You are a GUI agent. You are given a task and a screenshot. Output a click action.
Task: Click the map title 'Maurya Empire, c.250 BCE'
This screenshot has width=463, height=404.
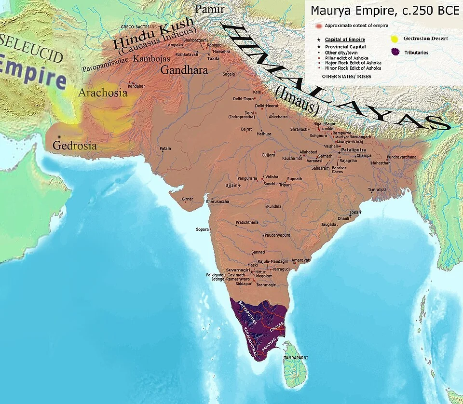(384, 11)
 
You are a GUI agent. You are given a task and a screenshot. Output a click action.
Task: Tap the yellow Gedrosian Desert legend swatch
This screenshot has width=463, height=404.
(395, 38)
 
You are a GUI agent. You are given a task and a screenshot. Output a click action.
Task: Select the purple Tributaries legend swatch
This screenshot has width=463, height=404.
(395, 52)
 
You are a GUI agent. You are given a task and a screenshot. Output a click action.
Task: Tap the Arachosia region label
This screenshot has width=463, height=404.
(103, 93)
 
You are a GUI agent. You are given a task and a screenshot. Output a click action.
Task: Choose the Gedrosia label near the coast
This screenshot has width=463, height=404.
(75, 145)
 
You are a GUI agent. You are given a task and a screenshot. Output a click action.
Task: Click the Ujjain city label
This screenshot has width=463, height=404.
(231, 185)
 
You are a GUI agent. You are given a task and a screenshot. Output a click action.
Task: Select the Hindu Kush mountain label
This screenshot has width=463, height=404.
(153, 35)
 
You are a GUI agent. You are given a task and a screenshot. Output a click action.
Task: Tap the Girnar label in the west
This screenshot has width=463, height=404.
(187, 199)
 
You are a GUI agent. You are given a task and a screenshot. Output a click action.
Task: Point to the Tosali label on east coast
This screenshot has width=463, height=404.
(355, 213)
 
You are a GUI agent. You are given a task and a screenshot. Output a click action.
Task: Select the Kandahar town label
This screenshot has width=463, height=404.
(136, 86)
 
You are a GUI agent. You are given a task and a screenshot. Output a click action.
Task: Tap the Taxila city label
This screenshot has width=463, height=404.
(213, 58)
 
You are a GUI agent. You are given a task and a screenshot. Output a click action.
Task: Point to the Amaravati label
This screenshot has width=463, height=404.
(301, 260)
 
